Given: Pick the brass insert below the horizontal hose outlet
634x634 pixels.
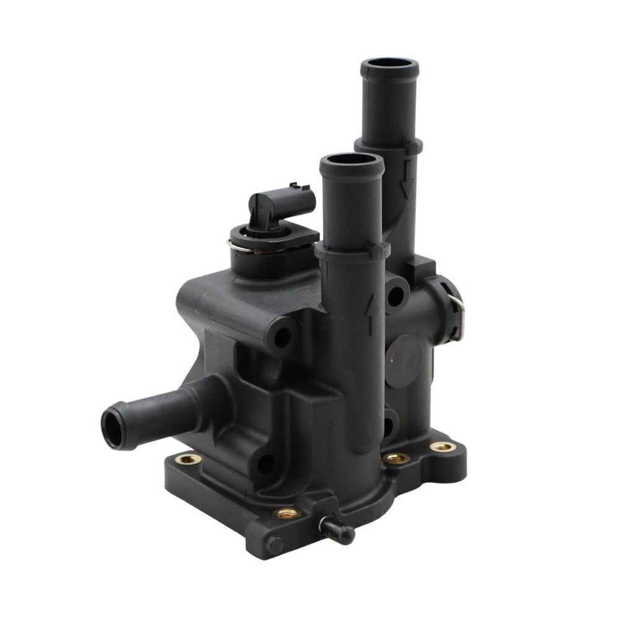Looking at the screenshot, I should pos(188,459).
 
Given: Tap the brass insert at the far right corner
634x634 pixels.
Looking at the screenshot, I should pos(442,446).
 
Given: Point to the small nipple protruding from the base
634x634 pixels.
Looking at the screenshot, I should pos(337,529).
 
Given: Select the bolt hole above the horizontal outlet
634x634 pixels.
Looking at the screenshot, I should pos(282,337).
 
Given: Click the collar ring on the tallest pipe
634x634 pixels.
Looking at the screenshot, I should pos(389,146).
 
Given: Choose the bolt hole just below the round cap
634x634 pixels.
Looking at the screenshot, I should pos(388,425).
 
